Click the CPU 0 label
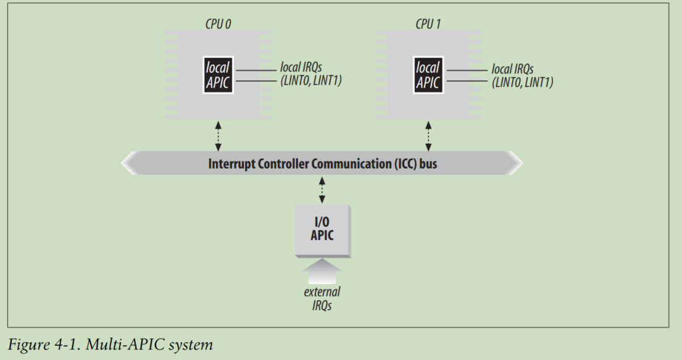pos(218,24)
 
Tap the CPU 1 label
pos(428,24)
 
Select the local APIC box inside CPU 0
pos(218,75)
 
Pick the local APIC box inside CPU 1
pos(428,75)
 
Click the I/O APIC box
pos(322,230)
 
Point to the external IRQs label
pos(322,299)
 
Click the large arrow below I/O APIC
pos(322,271)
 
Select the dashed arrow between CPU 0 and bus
pos(218,136)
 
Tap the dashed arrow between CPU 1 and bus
pos(428,136)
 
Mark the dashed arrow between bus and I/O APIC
pos(322,190)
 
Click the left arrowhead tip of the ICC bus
pos(122,163)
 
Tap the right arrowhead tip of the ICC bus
pos(522,163)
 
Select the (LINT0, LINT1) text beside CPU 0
pos(311,80)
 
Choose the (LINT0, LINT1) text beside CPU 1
pos(522,82)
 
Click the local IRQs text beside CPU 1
pos(512,69)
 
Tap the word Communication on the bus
pos(325,164)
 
